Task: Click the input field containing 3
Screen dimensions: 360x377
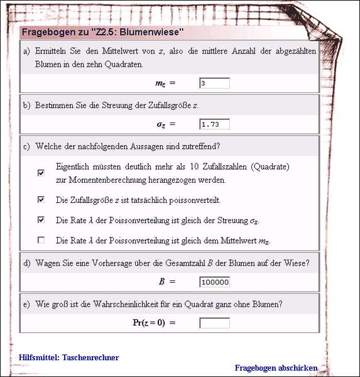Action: pyautogui.click(x=214, y=83)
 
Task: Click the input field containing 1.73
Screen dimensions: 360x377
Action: pyautogui.click(x=214, y=124)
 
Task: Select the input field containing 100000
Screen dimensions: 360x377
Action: pyautogui.click(x=214, y=282)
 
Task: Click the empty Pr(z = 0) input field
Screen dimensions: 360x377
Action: pyautogui.click(x=214, y=323)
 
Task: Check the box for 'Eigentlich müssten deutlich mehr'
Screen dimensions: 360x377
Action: pyautogui.click(x=41, y=173)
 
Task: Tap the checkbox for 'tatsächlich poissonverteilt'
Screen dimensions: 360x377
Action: pyautogui.click(x=41, y=200)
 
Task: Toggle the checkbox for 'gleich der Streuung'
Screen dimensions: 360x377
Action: pyautogui.click(x=41, y=220)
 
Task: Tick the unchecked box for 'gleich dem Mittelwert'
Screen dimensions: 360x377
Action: pyautogui.click(x=41, y=240)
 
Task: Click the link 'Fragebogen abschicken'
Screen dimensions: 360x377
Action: pyautogui.click(x=276, y=368)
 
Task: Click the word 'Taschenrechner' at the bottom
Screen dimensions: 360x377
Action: pyautogui.click(x=90, y=358)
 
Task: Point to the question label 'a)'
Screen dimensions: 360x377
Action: pyautogui.click(x=27, y=51)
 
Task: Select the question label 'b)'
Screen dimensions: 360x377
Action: pyautogui.click(x=27, y=105)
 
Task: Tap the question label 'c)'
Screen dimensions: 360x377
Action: pyautogui.click(x=27, y=147)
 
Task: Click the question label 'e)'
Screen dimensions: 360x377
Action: pyautogui.click(x=27, y=304)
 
